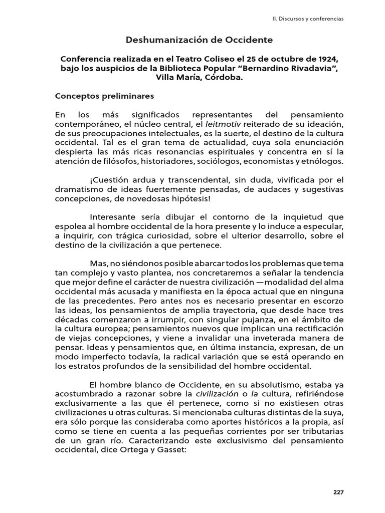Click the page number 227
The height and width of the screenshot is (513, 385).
click(x=338, y=492)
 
